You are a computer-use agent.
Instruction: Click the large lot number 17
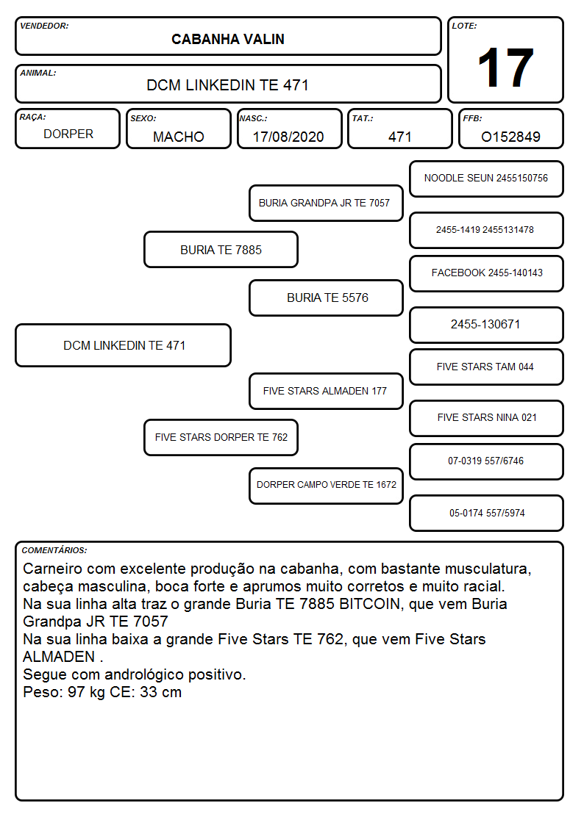(505, 68)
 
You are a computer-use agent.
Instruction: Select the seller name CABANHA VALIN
(228, 39)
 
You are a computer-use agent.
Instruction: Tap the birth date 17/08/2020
(288, 137)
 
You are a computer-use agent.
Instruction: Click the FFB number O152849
(510, 137)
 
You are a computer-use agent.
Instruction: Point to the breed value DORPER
(68, 134)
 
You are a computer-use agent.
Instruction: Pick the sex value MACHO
(179, 137)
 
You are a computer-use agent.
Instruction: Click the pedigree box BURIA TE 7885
(221, 250)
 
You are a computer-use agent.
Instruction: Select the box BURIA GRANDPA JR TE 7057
(326, 203)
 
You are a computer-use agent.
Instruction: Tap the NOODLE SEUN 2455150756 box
(486, 179)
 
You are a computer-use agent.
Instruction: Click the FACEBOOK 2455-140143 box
(486, 273)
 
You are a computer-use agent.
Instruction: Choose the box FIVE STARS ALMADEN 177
(326, 391)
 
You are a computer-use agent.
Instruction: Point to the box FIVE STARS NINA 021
(486, 418)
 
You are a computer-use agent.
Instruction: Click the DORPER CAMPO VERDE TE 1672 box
(326, 486)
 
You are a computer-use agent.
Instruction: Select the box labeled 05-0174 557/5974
(486, 513)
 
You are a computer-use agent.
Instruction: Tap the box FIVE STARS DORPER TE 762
(221, 437)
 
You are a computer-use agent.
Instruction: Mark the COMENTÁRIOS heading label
(54, 550)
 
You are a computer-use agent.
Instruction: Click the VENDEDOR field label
(44, 26)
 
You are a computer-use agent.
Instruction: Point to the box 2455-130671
(486, 325)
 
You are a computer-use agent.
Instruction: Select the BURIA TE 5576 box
(326, 298)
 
